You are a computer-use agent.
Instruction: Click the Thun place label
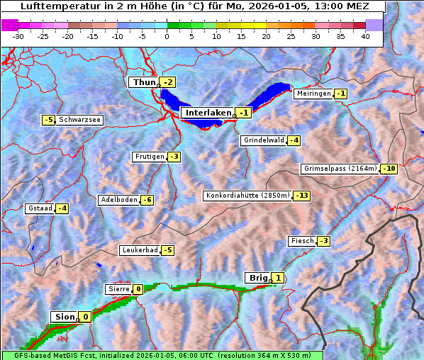point(143,82)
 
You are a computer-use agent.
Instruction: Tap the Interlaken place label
point(208,113)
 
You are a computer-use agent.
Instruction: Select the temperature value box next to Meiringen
point(341,94)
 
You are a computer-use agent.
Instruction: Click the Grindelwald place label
point(263,140)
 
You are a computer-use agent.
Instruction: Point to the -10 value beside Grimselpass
point(389,169)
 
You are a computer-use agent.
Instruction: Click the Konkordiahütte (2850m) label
point(247,196)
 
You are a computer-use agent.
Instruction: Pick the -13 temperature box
point(302,196)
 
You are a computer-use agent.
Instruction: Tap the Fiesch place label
point(301,241)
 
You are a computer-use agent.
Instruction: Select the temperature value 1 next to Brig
point(279,278)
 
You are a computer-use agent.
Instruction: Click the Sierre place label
point(118,289)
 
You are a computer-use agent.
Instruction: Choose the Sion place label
point(62,317)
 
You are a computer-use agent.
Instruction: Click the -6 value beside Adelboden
point(147,200)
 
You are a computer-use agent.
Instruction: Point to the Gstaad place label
point(40,208)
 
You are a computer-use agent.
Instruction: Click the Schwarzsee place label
point(80,120)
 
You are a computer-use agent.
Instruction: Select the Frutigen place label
point(149,157)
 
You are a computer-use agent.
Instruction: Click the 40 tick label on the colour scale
point(365,36)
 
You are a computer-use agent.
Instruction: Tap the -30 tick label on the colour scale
point(18,36)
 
